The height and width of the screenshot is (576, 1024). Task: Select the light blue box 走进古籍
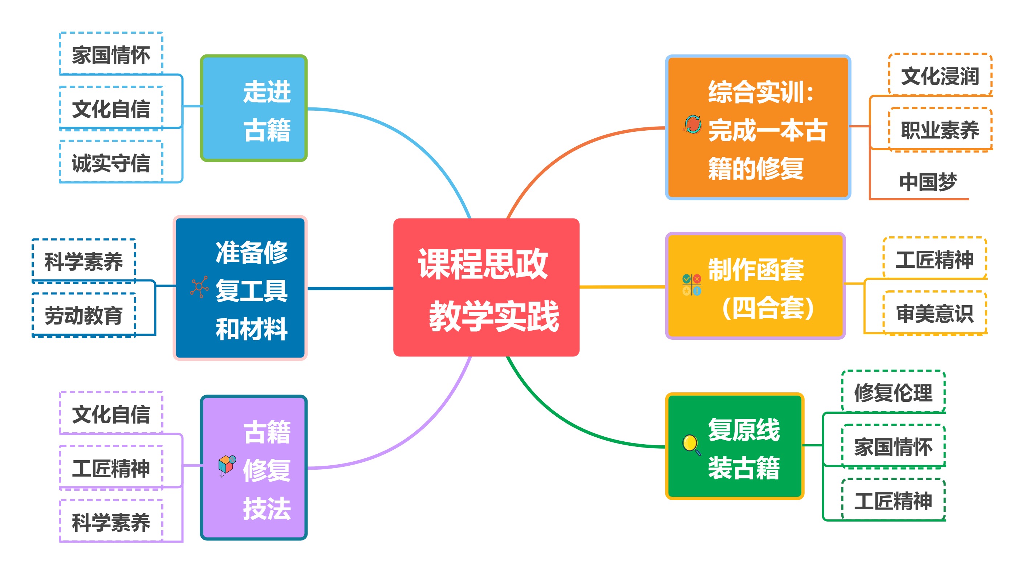(x=253, y=108)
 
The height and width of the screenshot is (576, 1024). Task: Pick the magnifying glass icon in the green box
(x=691, y=445)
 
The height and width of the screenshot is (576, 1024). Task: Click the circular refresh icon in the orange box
(x=693, y=124)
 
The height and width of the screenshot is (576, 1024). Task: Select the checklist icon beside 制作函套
(x=692, y=285)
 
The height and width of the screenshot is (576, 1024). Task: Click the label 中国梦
(x=928, y=182)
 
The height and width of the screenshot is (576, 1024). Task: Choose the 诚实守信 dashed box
(x=111, y=163)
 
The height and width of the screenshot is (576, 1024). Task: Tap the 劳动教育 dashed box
(x=84, y=315)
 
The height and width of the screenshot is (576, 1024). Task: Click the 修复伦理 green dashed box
(x=893, y=392)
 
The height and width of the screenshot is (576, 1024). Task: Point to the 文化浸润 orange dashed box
(x=940, y=75)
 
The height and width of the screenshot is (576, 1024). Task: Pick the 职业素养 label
(x=940, y=130)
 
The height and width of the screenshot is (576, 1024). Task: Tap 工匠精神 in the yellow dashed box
(x=935, y=259)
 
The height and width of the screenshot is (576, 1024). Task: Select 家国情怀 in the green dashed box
(x=893, y=446)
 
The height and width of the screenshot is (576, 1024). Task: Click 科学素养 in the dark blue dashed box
(x=84, y=261)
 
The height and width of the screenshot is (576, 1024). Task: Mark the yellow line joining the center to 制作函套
(x=622, y=286)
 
